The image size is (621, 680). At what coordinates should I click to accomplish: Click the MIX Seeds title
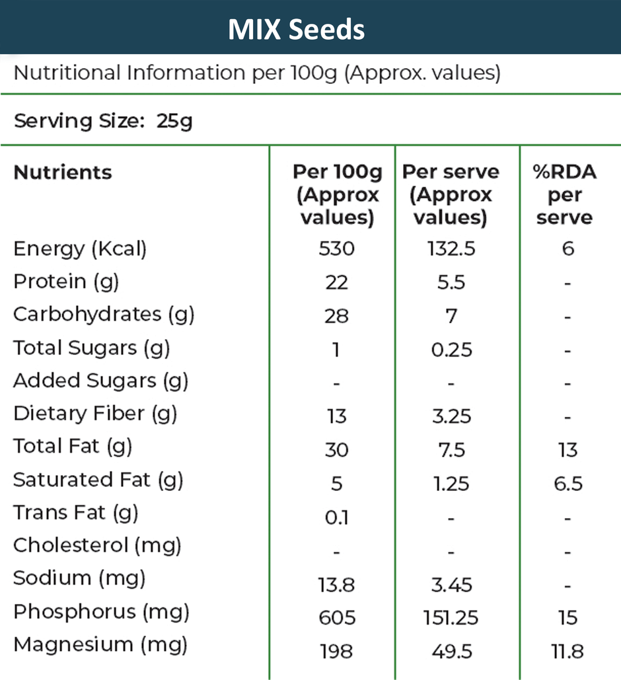(296, 29)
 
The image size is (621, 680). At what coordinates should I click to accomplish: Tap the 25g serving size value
(174, 122)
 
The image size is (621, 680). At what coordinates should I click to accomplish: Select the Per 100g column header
(337, 194)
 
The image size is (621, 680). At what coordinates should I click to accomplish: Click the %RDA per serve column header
(564, 194)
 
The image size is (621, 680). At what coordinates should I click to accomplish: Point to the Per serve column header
(451, 194)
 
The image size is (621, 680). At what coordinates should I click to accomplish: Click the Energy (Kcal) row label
(80, 249)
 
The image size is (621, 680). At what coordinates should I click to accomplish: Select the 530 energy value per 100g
(336, 249)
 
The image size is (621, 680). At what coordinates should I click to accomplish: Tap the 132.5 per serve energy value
(451, 249)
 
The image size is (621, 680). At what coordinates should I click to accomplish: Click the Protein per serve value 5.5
(451, 283)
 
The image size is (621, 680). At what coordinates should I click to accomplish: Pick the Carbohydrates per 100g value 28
(336, 316)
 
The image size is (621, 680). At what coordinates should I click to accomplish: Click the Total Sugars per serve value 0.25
(451, 350)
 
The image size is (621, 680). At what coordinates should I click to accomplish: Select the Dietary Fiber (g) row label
(95, 414)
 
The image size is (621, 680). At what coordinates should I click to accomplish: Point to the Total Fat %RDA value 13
(567, 451)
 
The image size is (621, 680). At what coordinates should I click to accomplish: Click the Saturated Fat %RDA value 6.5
(567, 484)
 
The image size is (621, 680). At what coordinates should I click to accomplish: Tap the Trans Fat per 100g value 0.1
(336, 518)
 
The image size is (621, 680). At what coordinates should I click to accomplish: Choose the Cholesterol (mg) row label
(97, 546)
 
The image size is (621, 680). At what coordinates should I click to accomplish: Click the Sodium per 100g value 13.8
(336, 585)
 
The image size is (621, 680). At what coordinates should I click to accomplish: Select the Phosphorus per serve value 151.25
(451, 618)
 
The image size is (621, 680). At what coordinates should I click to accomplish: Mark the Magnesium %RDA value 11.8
(567, 652)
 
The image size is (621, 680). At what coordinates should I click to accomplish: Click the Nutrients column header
(63, 172)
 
